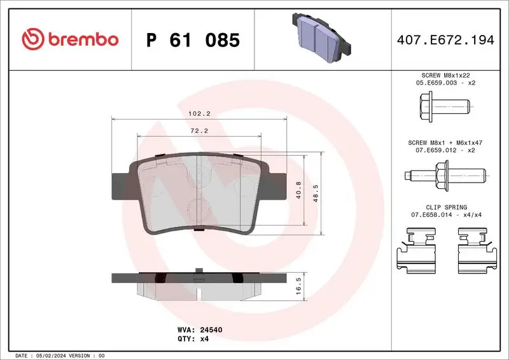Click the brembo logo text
click(70, 39)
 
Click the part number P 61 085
click(193, 40)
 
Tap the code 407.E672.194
click(445, 40)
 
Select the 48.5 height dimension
click(316, 191)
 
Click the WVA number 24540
click(209, 330)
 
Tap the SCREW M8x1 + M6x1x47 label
click(445, 143)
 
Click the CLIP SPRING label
click(445, 207)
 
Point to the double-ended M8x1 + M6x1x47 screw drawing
click(445, 174)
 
